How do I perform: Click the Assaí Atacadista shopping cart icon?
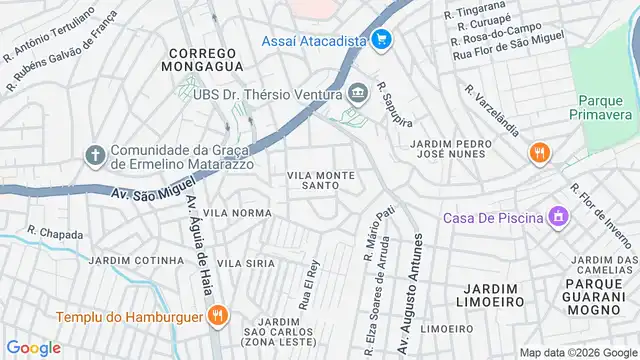pyautogui.click(x=380, y=40)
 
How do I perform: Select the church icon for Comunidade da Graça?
pyautogui.click(x=95, y=154)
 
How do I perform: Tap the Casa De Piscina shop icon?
pyautogui.click(x=558, y=216)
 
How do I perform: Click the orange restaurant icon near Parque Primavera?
pyautogui.click(x=540, y=153)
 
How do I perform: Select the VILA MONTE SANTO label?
pyautogui.click(x=321, y=180)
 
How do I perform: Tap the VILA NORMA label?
pyautogui.click(x=237, y=213)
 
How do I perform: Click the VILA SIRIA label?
pyautogui.click(x=246, y=262)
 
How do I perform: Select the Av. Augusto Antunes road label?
pyautogui.click(x=410, y=286)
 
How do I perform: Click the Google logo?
pyautogui.click(x=34, y=347)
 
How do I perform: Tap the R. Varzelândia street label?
pyautogui.click(x=491, y=110)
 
